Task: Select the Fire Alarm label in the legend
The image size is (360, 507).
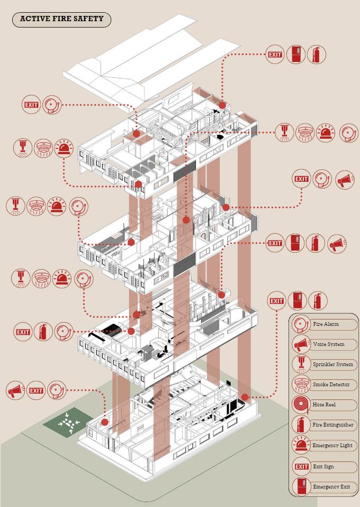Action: (x=326, y=324)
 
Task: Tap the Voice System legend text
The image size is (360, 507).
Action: (x=328, y=344)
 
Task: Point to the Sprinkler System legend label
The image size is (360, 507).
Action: (x=332, y=364)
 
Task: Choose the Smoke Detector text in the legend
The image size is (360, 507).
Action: (x=331, y=385)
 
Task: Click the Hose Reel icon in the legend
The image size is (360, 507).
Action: (x=301, y=405)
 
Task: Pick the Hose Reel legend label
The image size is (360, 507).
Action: (x=325, y=405)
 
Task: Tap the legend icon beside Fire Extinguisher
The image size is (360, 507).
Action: (x=301, y=425)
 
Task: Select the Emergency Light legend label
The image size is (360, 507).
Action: (x=332, y=446)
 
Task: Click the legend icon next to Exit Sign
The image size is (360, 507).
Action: (x=301, y=467)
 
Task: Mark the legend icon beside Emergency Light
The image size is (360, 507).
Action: (x=301, y=446)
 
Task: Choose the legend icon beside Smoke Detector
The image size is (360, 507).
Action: (x=301, y=385)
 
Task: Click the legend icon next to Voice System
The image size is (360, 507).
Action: (x=301, y=344)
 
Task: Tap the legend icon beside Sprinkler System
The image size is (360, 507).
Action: (x=301, y=364)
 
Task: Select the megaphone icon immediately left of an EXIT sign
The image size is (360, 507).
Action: (x=15, y=391)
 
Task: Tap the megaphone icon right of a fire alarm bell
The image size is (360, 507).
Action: (x=345, y=179)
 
